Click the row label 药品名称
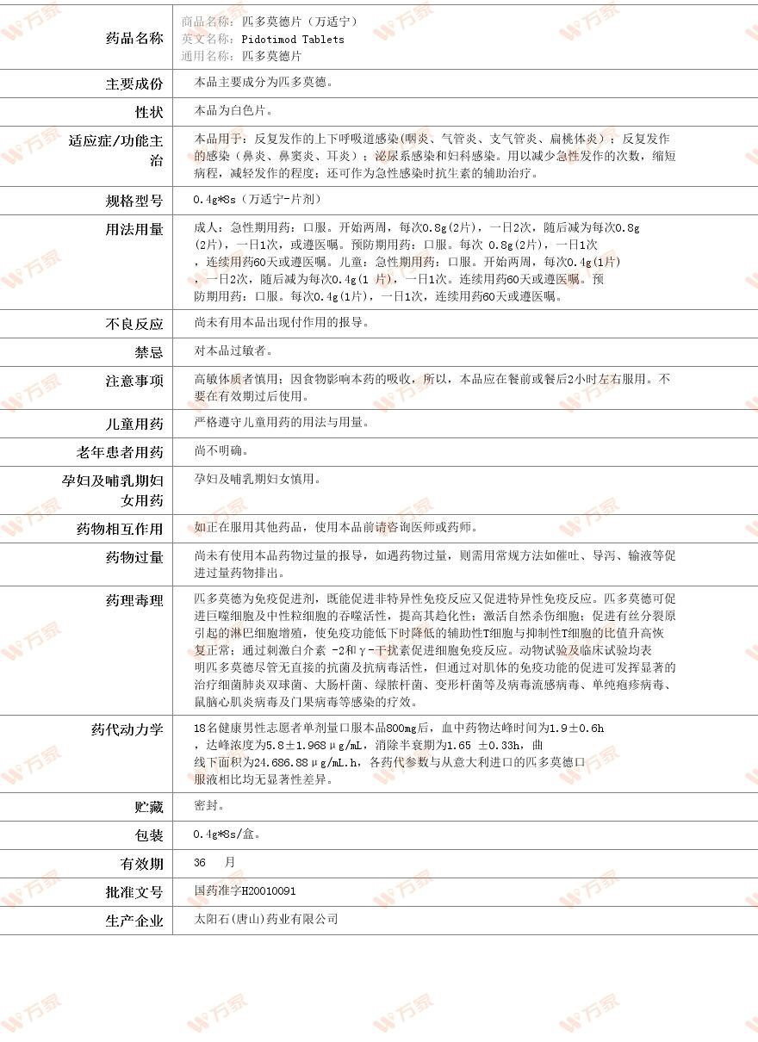134,38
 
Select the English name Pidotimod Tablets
293,39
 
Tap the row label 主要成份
134,84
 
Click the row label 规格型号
134,201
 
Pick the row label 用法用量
134,229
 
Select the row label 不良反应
134,324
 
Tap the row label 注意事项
134,381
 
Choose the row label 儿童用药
134,424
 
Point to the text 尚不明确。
222,451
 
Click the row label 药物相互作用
120,529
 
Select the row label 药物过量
134,557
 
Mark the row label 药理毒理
134,600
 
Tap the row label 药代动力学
127,729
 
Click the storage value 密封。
210,806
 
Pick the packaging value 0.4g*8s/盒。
228,834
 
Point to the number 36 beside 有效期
201,862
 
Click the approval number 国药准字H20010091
245,891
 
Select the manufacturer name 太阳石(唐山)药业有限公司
266,920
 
